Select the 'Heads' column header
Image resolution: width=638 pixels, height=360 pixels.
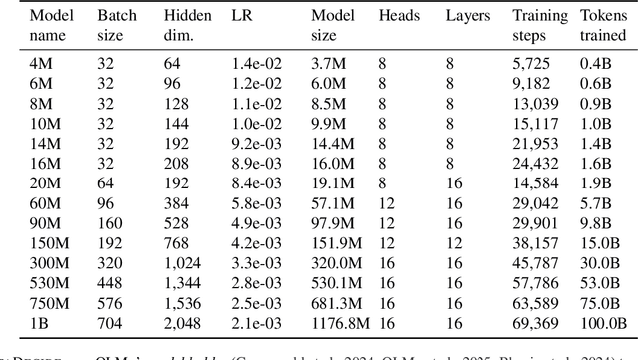(x=398, y=17)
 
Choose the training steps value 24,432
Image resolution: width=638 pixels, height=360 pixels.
(x=535, y=162)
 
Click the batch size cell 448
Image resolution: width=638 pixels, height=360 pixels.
(x=108, y=283)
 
